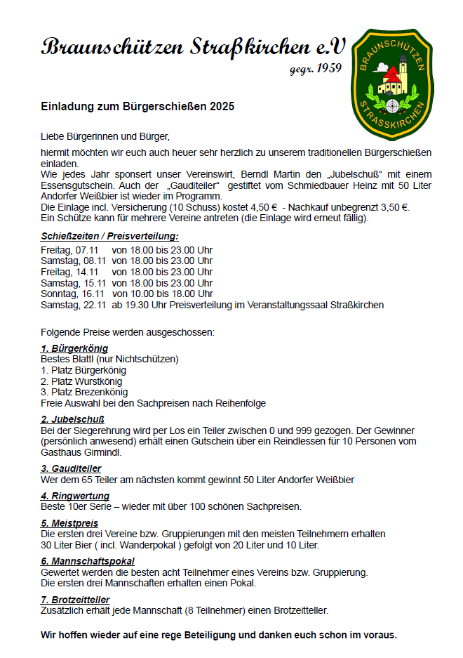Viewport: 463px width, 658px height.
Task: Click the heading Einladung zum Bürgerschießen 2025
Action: coord(137,107)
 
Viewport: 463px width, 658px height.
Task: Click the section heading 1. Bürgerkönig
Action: coord(74,348)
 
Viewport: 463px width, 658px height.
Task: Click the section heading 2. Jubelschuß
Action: coord(73,419)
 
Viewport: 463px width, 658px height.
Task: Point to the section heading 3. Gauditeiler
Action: coord(71,468)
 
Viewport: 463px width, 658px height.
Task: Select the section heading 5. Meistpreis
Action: coord(69,523)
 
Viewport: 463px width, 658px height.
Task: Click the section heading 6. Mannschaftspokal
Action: coord(88,561)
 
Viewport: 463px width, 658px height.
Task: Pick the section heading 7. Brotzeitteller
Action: coord(75,600)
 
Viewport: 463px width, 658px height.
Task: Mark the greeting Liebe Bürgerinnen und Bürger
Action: coord(105,136)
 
